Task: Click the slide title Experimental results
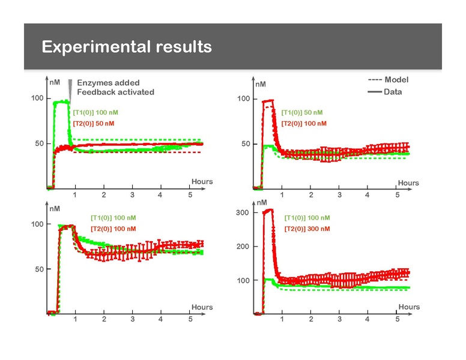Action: [127, 47]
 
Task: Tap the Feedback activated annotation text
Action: [116, 92]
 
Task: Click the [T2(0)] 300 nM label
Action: [307, 229]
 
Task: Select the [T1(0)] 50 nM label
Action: [302, 112]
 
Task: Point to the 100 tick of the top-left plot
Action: [38, 98]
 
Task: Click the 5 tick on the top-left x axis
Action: [190, 195]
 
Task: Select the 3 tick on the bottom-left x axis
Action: [132, 319]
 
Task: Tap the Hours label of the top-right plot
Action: [408, 183]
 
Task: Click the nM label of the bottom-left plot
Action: [54, 208]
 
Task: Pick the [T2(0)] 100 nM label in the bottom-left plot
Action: [113, 229]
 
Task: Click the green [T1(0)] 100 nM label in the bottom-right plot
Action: [307, 218]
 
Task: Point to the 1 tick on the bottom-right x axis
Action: [282, 319]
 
